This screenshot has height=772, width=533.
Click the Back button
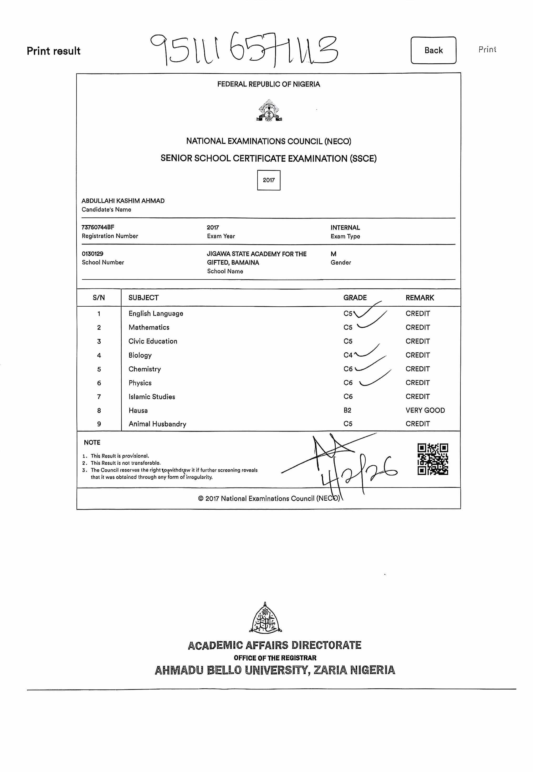(433, 50)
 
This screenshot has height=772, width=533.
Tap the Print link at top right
(487, 49)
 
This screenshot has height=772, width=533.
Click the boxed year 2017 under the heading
(269, 180)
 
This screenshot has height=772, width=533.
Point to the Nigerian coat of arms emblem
(269, 111)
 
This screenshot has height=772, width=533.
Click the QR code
(433, 459)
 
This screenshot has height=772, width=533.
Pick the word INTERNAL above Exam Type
(345, 227)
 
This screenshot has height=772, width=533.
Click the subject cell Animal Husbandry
(157, 424)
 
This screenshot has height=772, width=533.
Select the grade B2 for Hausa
(347, 410)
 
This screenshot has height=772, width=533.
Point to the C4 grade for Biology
(348, 355)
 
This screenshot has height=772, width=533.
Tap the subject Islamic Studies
(152, 397)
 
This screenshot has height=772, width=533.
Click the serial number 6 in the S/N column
(99, 383)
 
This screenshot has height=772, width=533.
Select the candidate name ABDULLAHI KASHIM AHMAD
(123, 201)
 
